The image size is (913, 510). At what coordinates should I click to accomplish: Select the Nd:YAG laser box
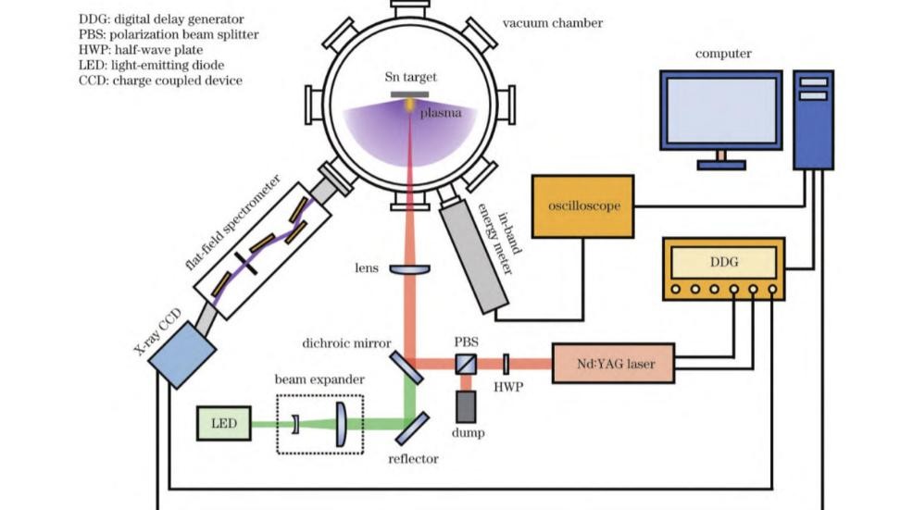(612, 364)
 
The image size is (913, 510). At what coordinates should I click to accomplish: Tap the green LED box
(220, 424)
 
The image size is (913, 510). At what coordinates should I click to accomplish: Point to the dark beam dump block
(466, 404)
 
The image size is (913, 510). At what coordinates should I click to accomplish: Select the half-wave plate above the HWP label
(507, 364)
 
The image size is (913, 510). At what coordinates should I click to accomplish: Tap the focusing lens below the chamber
(408, 268)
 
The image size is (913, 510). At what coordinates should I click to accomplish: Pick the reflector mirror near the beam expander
(412, 427)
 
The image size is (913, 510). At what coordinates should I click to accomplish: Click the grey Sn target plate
(408, 94)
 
